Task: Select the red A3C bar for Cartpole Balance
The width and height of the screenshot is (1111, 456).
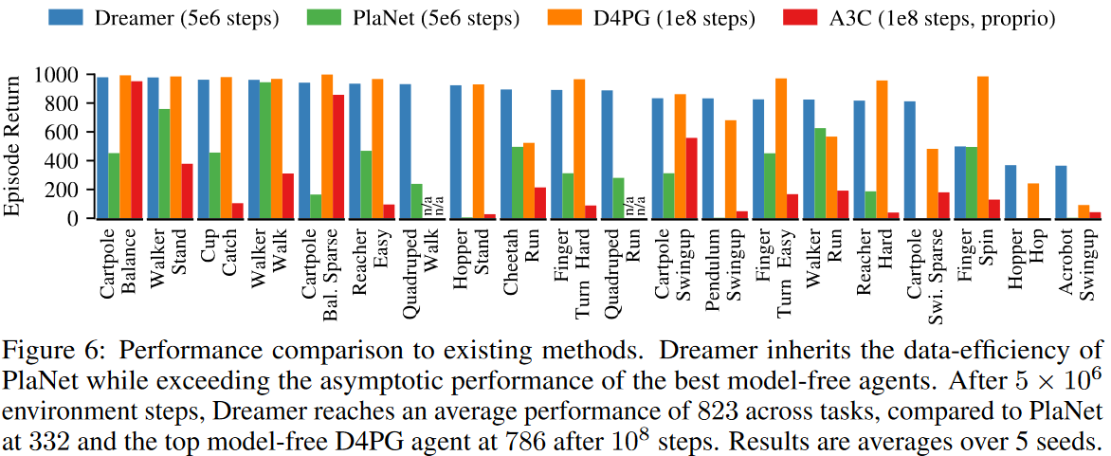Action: [137, 150]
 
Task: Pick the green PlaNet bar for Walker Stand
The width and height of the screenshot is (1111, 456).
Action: [164, 163]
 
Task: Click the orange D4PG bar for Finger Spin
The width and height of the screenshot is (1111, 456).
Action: [982, 147]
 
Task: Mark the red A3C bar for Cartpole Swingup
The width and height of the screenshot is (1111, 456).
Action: [691, 178]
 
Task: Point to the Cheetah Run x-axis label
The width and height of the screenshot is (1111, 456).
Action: [517, 265]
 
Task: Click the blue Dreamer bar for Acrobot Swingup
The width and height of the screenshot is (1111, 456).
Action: [1062, 192]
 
